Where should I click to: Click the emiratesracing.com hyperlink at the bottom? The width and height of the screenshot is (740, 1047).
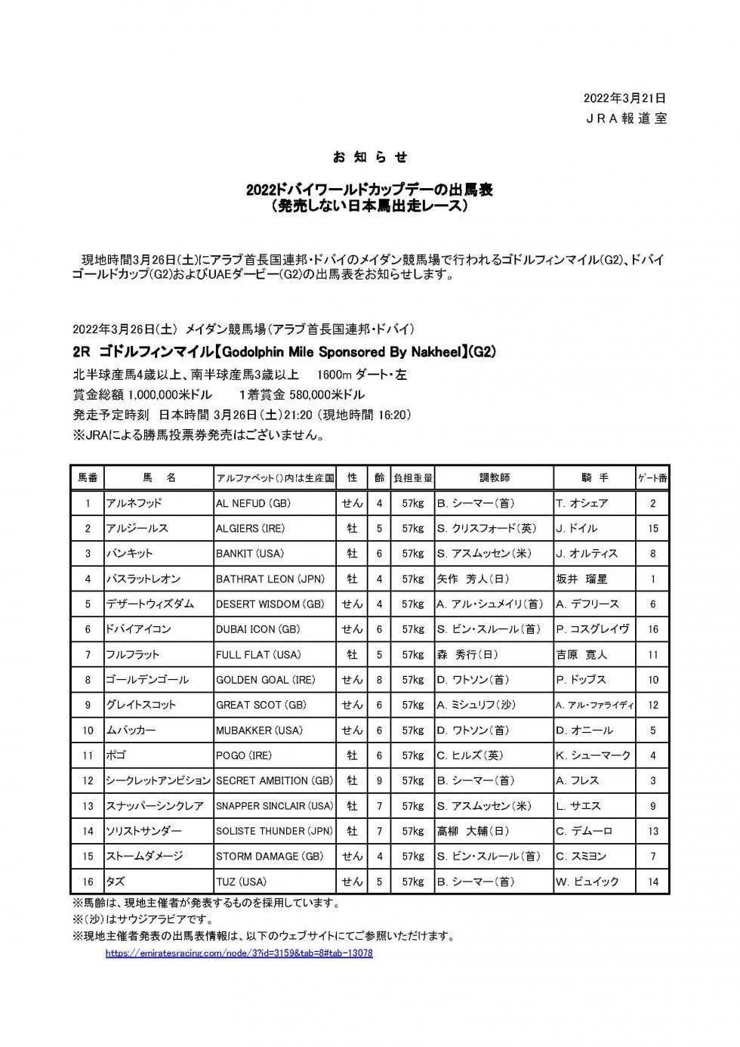tap(239, 953)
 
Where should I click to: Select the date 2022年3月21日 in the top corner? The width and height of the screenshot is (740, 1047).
tap(624, 98)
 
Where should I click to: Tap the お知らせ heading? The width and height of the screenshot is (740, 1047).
tap(370, 157)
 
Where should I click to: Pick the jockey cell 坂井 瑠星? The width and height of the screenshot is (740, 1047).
tap(582, 579)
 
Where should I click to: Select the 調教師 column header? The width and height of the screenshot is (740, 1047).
tap(495, 477)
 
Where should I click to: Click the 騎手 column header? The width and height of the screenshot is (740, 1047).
tap(595, 477)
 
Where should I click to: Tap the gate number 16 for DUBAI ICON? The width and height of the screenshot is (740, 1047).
tap(652, 629)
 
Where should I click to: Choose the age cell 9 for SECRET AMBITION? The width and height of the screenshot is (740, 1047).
tap(379, 780)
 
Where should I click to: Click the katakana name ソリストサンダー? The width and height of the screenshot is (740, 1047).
tap(144, 831)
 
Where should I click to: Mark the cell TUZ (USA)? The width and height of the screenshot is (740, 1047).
tap(242, 882)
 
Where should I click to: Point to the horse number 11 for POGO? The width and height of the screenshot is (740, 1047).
tap(88, 755)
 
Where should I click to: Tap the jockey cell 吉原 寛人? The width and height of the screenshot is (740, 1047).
tap(582, 654)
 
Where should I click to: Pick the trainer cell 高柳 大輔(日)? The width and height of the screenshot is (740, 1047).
tap(473, 831)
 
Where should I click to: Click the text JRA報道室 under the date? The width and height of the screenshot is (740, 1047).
tap(626, 119)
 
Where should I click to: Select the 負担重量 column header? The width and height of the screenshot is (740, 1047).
tap(412, 477)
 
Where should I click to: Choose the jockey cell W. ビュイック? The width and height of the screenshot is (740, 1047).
tap(587, 882)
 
